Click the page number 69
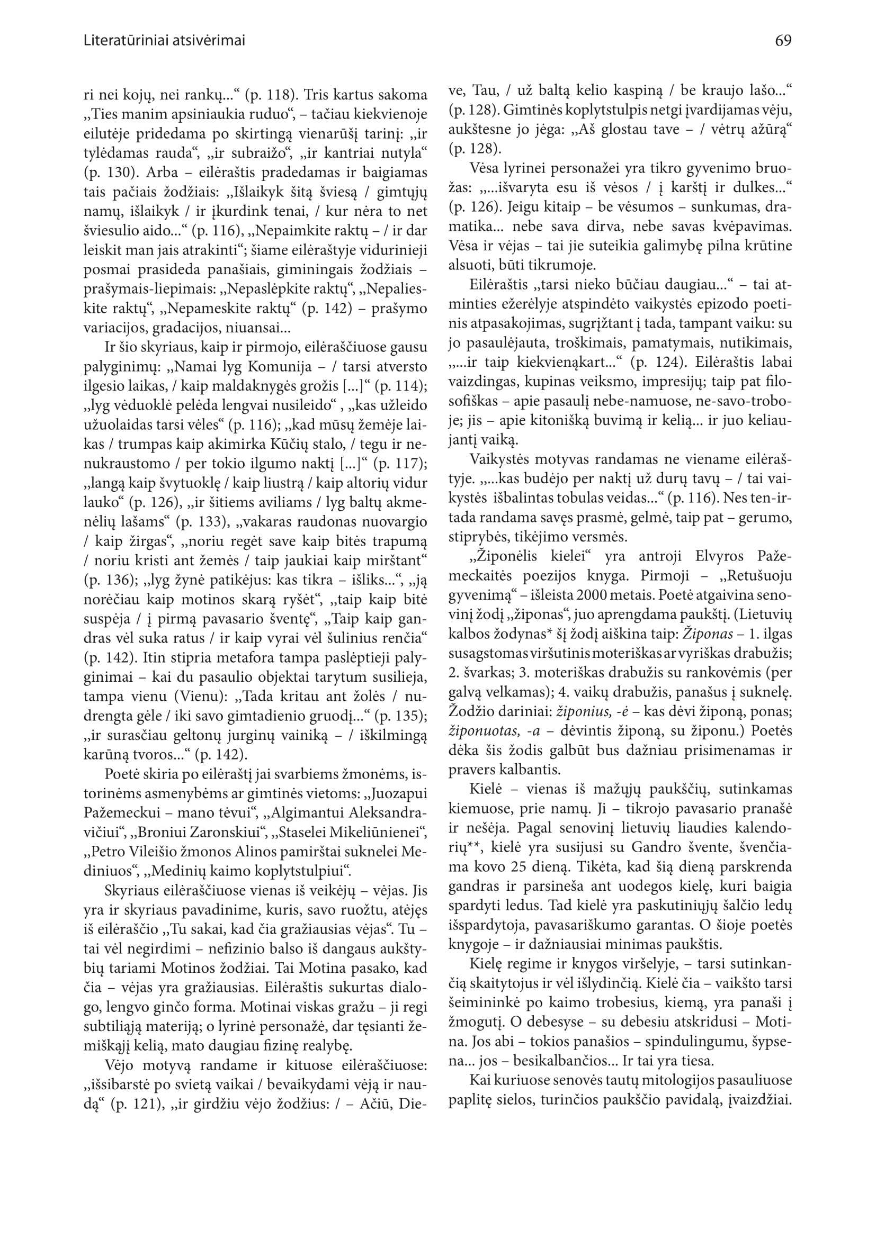click(x=783, y=40)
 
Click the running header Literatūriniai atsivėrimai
click(x=165, y=40)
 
